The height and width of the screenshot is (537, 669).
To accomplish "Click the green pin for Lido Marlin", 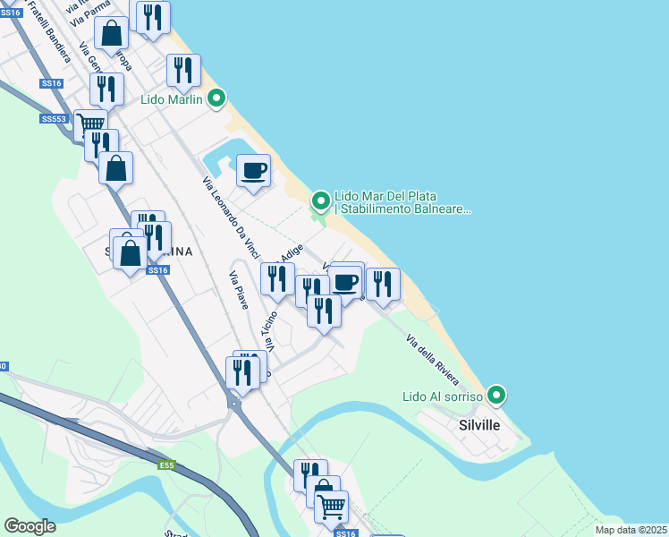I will pos(216,99).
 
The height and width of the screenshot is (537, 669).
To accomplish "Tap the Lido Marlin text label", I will pos(172,99).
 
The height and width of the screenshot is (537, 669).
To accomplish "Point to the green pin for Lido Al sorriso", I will pos(496,395).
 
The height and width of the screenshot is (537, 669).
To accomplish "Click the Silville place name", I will pos(478,425).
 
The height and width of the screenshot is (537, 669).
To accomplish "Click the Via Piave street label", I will pos(239,290).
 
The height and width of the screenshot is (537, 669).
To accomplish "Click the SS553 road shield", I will pos(54,118).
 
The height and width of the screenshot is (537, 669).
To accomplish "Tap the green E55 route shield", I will pos(167,465).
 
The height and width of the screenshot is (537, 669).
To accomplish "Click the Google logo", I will pos(30,526).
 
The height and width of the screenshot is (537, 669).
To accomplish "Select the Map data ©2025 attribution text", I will pos(631,530).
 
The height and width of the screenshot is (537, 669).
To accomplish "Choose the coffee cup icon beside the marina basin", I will pos(253,169).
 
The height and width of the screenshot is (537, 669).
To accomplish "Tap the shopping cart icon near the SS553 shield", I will pos(89,124).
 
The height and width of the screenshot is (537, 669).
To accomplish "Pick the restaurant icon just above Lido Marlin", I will pos(183,70).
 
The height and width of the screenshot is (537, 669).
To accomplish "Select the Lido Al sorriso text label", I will pos(442,396).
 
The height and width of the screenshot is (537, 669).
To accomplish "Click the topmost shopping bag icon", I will pos(113,34).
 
